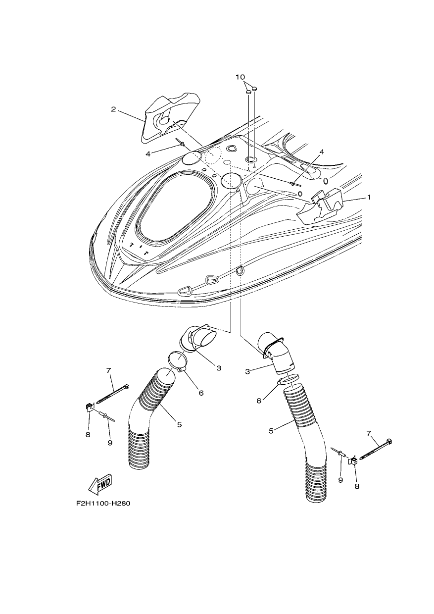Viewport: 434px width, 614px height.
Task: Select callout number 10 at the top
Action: coord(240,77)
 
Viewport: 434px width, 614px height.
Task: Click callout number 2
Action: coord(113,109)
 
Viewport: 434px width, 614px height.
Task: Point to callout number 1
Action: coord(369,197)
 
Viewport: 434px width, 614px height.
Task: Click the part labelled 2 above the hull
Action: coord(170,118)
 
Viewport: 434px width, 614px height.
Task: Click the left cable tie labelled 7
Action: coord(112,394)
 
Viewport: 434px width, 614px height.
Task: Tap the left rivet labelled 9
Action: coord(107,417)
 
